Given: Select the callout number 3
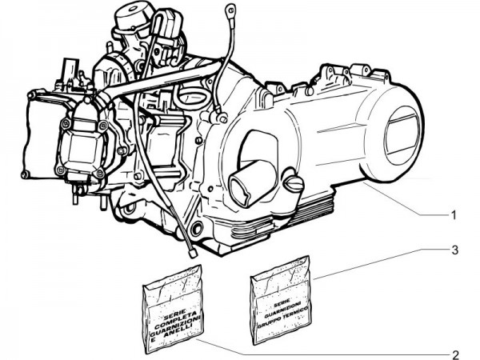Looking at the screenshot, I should [453, 250].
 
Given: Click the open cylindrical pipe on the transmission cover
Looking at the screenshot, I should [245, 182].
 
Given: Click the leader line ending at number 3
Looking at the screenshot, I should [376, 263].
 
